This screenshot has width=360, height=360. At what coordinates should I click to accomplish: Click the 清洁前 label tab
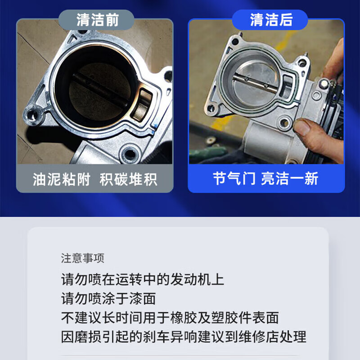point(96,20)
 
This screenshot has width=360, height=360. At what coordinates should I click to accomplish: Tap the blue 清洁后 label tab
point(270,20)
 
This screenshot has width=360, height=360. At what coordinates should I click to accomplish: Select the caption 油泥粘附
point(62,179)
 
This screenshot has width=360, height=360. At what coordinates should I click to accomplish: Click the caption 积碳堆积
point(128,179)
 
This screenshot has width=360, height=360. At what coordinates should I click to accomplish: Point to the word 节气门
point(234,178)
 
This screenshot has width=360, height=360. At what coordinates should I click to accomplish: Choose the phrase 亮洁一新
point(290,178)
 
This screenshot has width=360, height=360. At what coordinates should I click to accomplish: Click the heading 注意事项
point(83,258)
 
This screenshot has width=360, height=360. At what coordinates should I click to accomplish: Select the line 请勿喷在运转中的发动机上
point(143,279)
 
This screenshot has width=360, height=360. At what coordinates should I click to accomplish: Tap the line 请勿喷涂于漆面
point(108,298)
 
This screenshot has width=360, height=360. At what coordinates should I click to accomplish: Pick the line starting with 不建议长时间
point(170,318)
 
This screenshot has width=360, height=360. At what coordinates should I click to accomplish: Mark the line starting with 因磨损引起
point(184,337)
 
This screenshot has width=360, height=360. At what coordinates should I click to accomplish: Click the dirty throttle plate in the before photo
point(100,92)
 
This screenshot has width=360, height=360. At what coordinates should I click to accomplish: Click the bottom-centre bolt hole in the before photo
point(130,153)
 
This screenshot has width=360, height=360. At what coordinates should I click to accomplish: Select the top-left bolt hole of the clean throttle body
point(235,42)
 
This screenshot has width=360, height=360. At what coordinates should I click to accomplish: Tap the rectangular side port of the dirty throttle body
point(142,104)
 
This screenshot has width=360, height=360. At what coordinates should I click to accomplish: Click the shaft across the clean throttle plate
point(255,83)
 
